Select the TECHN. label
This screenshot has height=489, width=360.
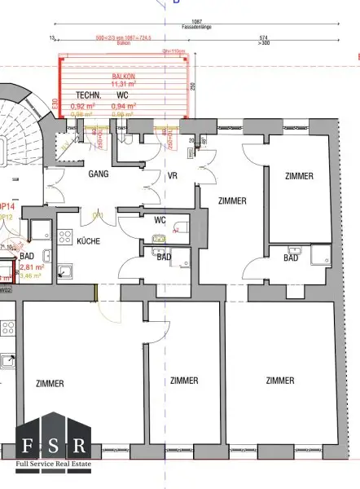(87, 95)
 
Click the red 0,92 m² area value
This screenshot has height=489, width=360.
(82, 106)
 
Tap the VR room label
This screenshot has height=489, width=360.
(172, 174)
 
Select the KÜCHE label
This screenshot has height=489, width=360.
(89, 242)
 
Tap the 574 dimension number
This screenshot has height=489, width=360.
(263, 37)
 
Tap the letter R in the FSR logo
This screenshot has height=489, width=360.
(79, 445)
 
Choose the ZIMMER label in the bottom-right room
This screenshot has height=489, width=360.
(279, 381)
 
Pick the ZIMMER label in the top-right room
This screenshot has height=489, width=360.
(298, 176)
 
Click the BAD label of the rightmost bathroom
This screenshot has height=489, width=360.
(290, 258)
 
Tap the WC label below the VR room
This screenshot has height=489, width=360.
(160, 219)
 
